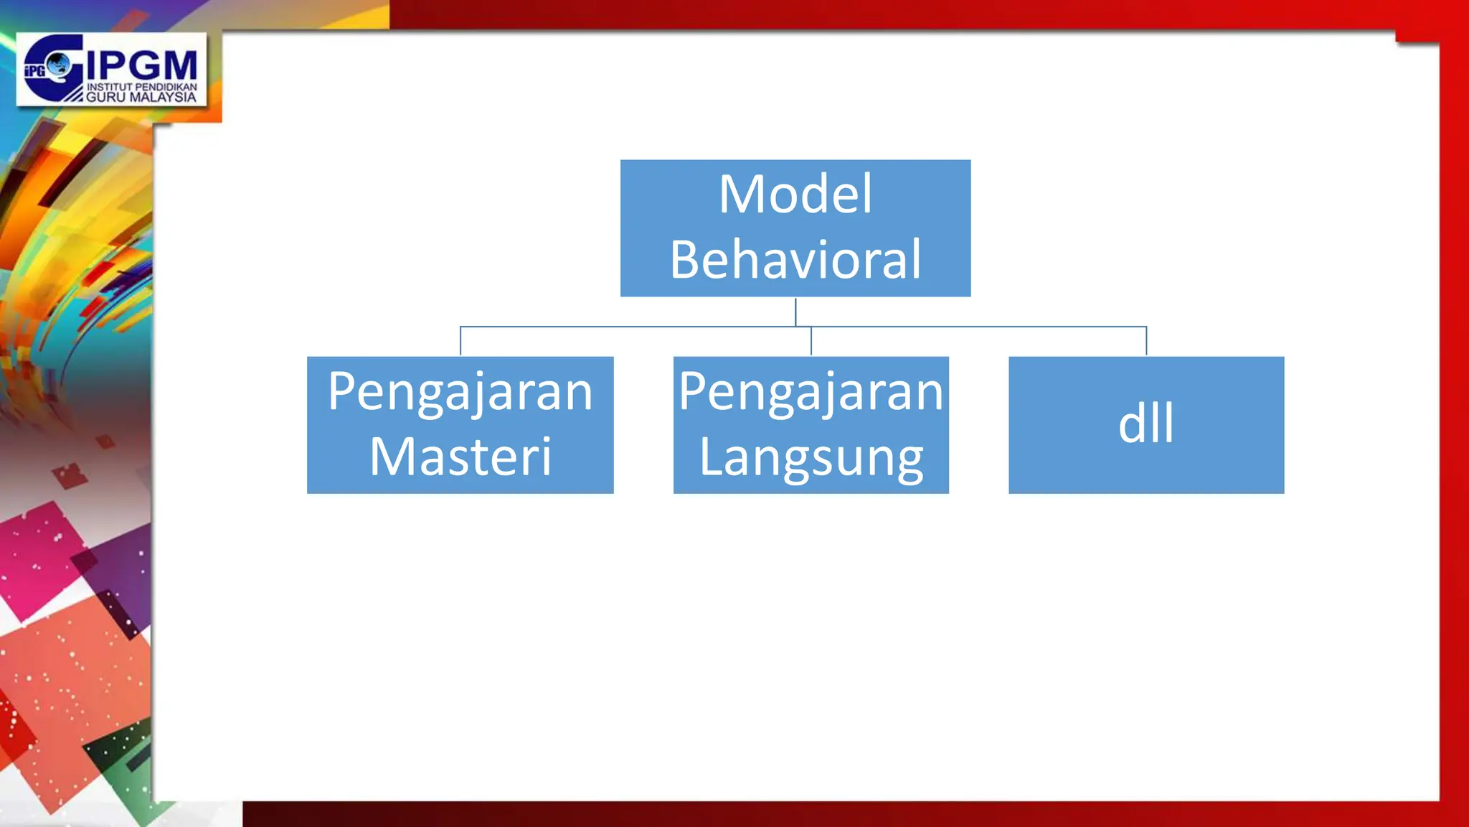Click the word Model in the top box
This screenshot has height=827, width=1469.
[x=795, y=195]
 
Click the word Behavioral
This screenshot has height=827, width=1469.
[x=795, y=260]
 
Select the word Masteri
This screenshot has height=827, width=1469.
[x=460, y=457]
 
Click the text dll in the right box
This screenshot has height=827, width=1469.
[x=1146, y=424]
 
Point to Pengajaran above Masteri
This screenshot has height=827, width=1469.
[x=460, y=393]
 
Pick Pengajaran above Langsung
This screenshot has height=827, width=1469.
[x=811, y=393]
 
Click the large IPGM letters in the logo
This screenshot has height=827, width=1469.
[x=142, y=66]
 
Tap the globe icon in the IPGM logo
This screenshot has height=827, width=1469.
[x=59, y=65]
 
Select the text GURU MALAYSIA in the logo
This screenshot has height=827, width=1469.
[x=141, y=97]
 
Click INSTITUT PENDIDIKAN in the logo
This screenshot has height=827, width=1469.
[x=142, y=87]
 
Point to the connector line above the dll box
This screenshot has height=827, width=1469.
[x=1146, y=341]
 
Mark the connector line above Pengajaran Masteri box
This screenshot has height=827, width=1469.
[x=460, y=341]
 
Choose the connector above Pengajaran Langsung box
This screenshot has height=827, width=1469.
[x=811, y=341]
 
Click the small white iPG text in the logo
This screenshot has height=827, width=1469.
[x=34, y=70]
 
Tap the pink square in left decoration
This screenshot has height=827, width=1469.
[x=39, y=560]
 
